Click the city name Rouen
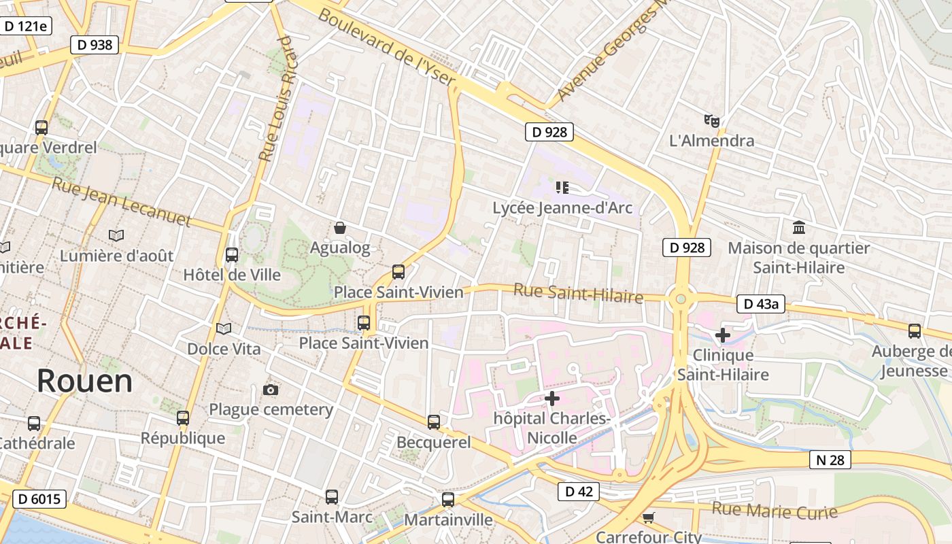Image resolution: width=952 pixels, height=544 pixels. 84,381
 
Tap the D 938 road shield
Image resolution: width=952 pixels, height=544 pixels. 95,45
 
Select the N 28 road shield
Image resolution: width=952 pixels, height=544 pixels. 830,460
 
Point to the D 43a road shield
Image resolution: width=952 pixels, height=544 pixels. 760,304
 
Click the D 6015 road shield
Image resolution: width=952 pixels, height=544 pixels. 39,499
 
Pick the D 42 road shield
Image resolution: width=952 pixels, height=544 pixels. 578,492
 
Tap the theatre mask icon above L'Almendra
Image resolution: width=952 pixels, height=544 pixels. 712,121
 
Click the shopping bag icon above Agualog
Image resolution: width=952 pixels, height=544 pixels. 340,228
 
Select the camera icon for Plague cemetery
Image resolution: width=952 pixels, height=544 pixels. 271,390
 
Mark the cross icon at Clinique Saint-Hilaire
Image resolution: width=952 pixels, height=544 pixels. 723,335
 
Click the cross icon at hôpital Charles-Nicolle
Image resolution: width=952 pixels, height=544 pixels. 552,398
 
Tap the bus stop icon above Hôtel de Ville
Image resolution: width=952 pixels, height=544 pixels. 232,255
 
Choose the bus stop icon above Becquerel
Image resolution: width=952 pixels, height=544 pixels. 434,422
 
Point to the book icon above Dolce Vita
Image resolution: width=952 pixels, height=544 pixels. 224,329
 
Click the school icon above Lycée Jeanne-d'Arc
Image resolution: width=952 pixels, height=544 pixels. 562,187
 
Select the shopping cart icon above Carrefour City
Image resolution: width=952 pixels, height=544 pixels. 649,517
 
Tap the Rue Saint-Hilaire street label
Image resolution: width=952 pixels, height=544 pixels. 578,293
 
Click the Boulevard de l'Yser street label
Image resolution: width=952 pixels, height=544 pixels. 386,46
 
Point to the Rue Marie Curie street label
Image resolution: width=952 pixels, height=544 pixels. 775,511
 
